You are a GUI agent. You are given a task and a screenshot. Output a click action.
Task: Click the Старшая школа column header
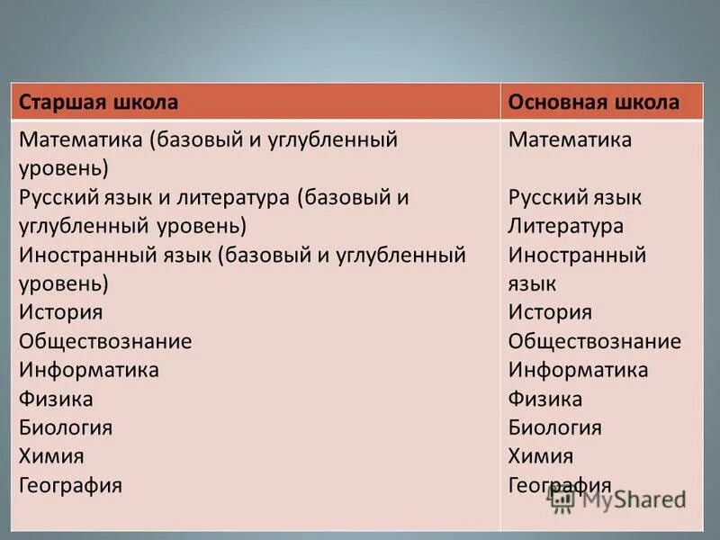pos(99,102)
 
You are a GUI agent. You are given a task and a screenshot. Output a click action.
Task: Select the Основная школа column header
pos(593,102)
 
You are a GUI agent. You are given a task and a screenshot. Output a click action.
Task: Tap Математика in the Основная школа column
pos(570,139)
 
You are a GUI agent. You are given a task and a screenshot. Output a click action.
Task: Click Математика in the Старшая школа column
pos(82,139)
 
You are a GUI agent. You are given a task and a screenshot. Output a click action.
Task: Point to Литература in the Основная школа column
pos(565,226)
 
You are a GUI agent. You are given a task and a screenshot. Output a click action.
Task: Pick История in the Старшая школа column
pos(61,312)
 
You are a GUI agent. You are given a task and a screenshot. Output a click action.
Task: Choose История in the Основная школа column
pos(550,312)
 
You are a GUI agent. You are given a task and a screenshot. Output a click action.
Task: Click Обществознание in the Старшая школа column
pos(105,341)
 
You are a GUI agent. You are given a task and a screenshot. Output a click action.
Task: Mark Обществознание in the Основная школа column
pos(594,341)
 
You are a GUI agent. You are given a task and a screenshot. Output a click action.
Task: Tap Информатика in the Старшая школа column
pos(89,370)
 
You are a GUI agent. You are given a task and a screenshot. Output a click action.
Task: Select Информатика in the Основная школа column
pos(578,370)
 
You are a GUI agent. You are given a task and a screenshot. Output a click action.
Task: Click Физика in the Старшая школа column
pos(56,399)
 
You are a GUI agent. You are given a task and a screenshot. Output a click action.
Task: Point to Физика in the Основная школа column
pos(544,399)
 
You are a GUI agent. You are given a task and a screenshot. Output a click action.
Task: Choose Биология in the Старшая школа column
pos(66,427)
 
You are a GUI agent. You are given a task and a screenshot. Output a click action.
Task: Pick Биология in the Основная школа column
pos(554,427)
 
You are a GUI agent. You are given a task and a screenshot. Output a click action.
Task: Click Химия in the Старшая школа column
pos(51,456)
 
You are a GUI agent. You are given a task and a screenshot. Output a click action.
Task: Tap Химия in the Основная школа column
pos(540,456)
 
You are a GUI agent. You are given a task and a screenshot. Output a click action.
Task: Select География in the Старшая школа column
pos(70,485)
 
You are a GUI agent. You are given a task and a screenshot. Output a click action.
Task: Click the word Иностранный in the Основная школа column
pos(577,255)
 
